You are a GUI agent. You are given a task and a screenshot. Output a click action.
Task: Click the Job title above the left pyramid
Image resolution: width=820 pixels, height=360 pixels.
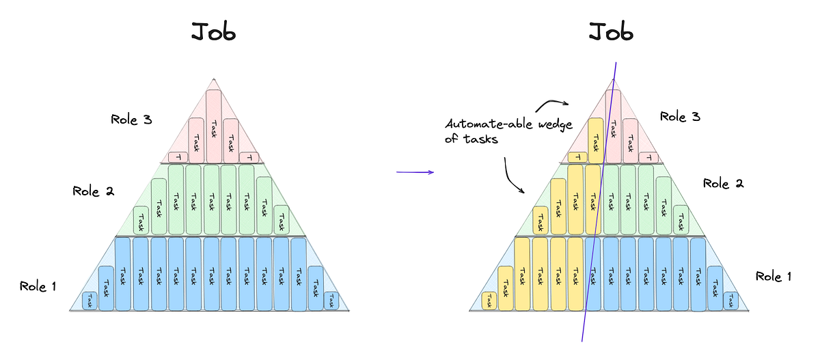pos(213,31)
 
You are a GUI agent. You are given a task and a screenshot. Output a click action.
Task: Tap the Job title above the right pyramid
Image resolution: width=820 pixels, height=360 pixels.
pos(611,31)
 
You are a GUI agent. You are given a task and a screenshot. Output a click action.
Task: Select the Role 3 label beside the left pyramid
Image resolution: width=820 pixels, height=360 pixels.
pos(131,120)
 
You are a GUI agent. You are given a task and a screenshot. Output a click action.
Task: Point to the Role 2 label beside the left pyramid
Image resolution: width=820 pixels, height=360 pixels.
pos(93,191)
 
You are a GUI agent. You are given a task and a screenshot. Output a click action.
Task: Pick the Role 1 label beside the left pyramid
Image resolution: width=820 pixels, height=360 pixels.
pos(38,286)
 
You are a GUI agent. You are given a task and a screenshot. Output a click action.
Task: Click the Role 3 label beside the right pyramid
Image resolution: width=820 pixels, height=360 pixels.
pos(680,116)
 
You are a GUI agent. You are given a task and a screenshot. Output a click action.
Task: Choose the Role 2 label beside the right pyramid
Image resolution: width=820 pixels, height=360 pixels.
pos(723,183)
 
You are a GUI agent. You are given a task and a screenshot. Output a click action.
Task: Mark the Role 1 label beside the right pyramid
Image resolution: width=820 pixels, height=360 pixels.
pos(773,276)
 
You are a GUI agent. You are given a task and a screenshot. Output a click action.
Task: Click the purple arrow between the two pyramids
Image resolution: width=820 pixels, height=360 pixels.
pos(415,172)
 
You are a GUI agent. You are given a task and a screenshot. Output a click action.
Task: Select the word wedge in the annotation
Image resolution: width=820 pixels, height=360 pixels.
pos(555,125)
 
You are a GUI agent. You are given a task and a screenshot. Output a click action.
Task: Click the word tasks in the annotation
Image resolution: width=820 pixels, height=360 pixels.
pos(480,139)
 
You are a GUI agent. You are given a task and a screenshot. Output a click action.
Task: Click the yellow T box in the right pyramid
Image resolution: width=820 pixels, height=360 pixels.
pos(577,157)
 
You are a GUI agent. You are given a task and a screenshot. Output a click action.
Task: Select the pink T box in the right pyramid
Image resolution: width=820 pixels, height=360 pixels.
pos(648,158)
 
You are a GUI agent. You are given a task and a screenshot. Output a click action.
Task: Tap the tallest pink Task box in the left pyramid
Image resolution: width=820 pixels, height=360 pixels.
pos(213,126)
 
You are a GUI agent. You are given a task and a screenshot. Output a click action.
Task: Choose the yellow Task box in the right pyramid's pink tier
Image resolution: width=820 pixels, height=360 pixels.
pos(596,141)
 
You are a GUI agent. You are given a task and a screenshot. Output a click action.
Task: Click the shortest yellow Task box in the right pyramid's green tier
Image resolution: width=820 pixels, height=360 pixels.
pos(541,220)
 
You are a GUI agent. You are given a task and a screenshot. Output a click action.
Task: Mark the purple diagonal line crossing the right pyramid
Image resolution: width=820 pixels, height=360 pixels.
pos(599,202)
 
